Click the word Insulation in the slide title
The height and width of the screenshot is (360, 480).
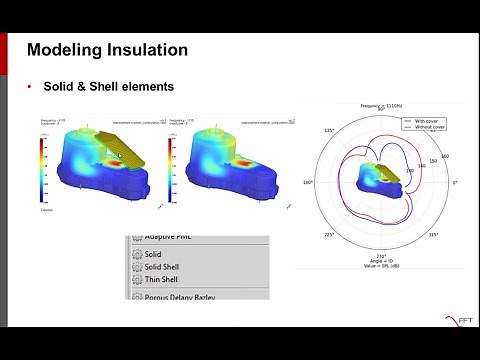point(146,49)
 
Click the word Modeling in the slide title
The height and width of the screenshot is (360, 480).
point(65,49)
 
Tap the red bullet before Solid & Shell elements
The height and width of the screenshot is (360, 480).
point(30,87)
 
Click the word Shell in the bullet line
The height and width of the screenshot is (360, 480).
point(103,87)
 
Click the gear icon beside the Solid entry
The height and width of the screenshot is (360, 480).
point(136,254)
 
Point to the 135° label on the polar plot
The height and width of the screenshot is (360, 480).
point(329,130)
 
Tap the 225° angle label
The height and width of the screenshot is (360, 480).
point(329,236)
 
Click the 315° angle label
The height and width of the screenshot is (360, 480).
point(433,236)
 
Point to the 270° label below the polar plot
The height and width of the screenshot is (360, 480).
point(381,257)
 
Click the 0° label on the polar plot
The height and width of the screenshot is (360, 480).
point(455,183)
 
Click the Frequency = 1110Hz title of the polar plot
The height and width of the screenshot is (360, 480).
point(380,105)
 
